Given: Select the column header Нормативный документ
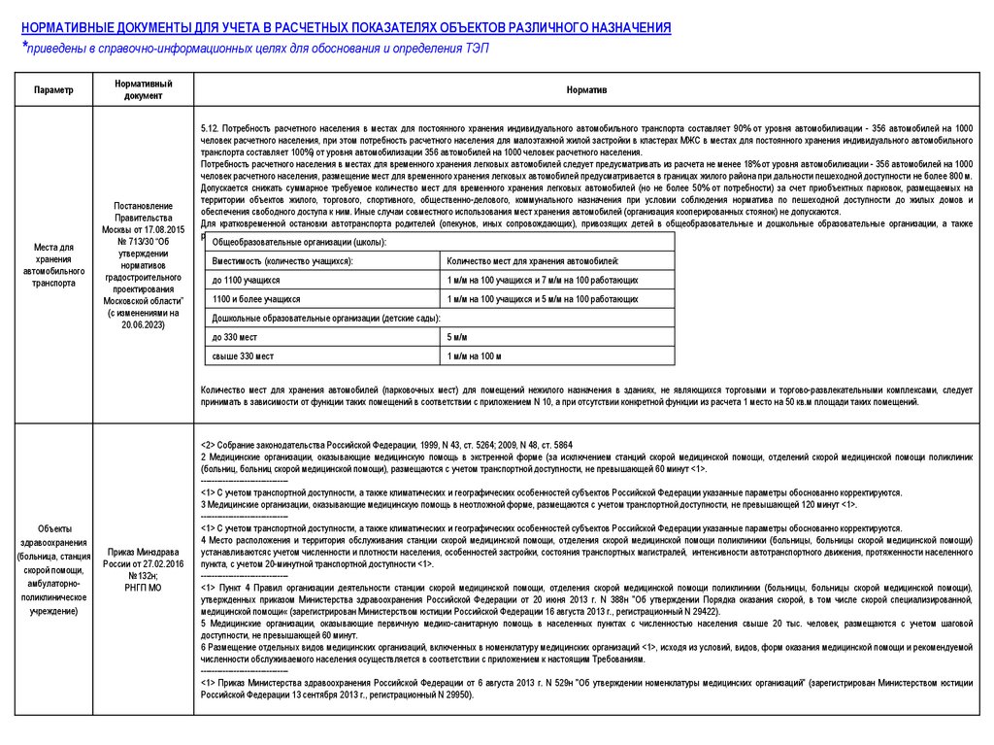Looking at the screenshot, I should pos(143,89).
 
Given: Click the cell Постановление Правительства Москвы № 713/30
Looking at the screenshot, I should pos(143,265).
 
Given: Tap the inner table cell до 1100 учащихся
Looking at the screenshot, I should pos(239,280).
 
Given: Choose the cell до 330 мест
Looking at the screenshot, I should pos(234,336).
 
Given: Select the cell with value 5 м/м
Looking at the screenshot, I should pos(457,336).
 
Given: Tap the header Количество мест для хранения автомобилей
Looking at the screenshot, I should pos(533,261).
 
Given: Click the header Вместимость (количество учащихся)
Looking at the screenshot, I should pos(282,261).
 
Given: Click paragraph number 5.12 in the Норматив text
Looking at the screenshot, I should pos(210,128).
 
